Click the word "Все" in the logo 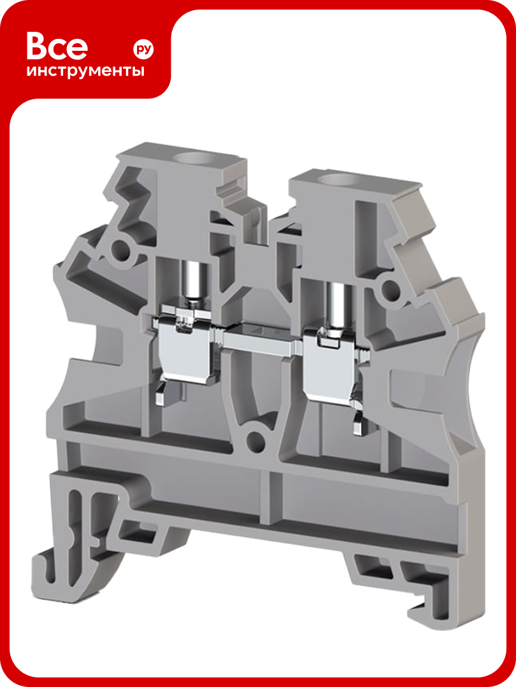[57, 46]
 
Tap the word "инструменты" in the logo [85, 70]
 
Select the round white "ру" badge [143, 49]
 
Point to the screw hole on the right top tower [338, 180]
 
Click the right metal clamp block [329, 368]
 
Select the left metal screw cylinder [192, 281]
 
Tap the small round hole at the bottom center [256, 439]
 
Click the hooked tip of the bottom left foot [41, 576]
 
